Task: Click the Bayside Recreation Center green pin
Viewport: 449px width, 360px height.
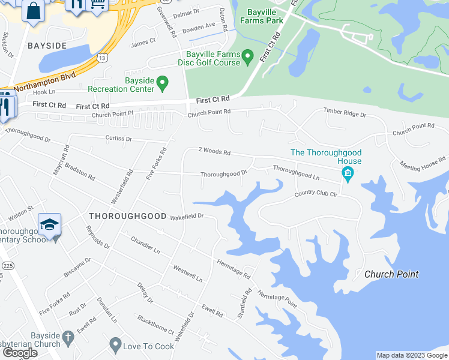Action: [162, 83]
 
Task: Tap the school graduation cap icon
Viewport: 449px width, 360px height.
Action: [49, 225]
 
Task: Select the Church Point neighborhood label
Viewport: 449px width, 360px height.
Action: [391, 274]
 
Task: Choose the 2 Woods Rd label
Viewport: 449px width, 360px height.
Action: [215, 152]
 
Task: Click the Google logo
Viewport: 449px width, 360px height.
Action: [20, 353]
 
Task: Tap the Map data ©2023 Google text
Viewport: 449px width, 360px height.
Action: [412, 355]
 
